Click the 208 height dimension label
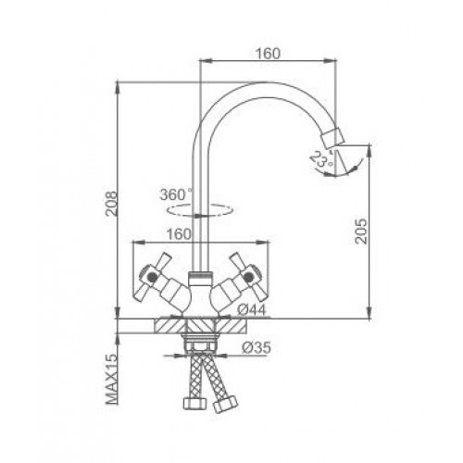(x=111, y=204)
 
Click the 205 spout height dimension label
(x=360, y=231)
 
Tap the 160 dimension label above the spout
(x=269, y=54)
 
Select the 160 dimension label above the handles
(x=179, y=234)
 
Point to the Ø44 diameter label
(x=252, y=310)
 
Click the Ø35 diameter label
(x=257, y=348)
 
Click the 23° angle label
(x=322, y=159)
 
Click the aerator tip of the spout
(x=332, y=138)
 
